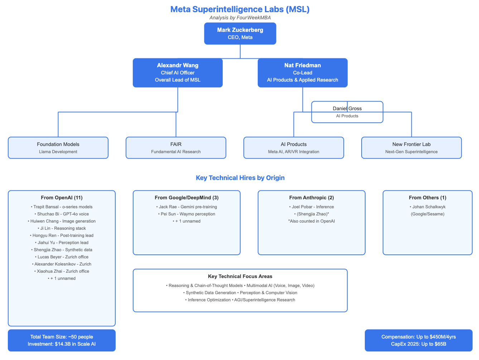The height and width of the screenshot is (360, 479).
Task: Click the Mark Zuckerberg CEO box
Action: click(240, 34)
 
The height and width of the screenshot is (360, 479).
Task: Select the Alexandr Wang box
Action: click(178, 73)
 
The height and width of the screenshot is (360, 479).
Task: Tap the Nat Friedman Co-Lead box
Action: click(303, 73)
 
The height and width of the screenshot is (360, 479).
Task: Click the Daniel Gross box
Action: click(347, 112)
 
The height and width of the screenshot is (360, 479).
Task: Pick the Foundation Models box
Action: click(58, 148)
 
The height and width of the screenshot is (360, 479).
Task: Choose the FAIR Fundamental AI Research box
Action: click(176, 148)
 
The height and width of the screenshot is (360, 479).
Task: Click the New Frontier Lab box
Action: click(411, 148)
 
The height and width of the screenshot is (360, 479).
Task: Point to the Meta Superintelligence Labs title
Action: click(240, 9)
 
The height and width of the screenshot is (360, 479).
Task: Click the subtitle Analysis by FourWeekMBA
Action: click(240, 18)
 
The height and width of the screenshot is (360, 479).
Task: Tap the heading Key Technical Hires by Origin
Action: click(240, 178)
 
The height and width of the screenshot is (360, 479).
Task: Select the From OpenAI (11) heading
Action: click(62, 198)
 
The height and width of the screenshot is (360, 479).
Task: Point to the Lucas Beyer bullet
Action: click(62, 257)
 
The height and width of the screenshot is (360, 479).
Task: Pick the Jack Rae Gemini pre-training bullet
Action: click(187, 207)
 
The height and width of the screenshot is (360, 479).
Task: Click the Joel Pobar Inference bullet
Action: click(311, 207)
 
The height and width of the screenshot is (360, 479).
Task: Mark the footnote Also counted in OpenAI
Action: click(311, 221)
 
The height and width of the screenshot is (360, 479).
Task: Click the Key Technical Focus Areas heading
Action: click(240, 276)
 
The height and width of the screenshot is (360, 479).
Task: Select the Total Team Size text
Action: click(62, 337)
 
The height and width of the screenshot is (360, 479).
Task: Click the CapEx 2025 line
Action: click(418, 344)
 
